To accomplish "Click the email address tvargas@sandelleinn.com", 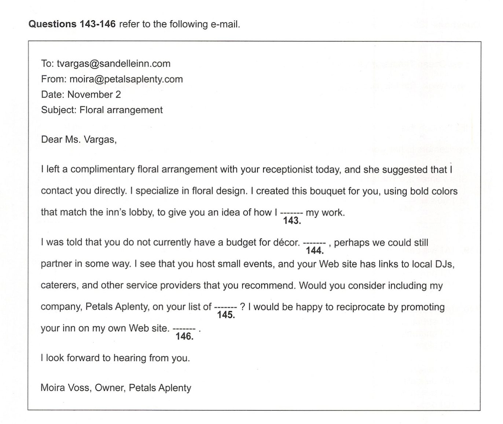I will tap(113, 64).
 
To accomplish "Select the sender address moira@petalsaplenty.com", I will tap(126, 79).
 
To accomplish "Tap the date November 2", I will tap(94, 95).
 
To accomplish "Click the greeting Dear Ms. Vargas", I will tap(79, 140).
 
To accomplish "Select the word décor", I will tap(286, 242).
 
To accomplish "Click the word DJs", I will tap(444, 264).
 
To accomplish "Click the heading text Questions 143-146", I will tap(72, 24).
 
